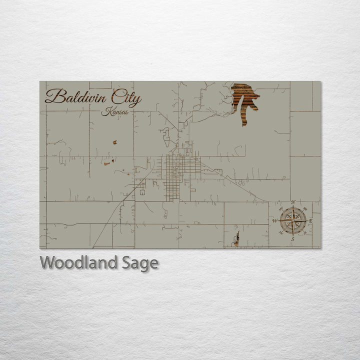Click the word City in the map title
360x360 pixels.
[x=126, y=97]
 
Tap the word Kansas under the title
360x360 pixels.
[x=114, y=112]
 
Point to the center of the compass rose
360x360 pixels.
[x=293, y=220]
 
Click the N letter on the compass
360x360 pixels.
[x=293, y=202]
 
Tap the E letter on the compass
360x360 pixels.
[x=311, y=220]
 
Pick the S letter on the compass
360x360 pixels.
[x=293, y=239]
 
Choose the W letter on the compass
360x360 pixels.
[x=274, y=220]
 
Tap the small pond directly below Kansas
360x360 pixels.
[x=114, y=142]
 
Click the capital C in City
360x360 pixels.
[x=116, y=96]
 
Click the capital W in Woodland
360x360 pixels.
[x=47, y=262]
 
